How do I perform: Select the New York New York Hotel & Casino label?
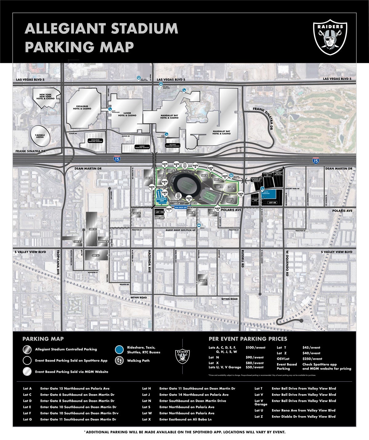(x=45, y=97)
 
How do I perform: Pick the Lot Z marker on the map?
(x=203, y=280)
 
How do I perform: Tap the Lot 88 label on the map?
(x=273, y=203)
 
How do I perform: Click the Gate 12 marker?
(x=241, y=194)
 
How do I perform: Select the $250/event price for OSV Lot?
(x=312, y=359)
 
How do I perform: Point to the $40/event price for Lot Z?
(x=311, y=353)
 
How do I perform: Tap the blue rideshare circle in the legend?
(x=120, y=350)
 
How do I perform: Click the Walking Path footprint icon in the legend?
(x=120, y=361)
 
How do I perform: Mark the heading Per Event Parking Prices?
(x=248, y=339)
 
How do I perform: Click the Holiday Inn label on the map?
(x=255, y=200)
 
